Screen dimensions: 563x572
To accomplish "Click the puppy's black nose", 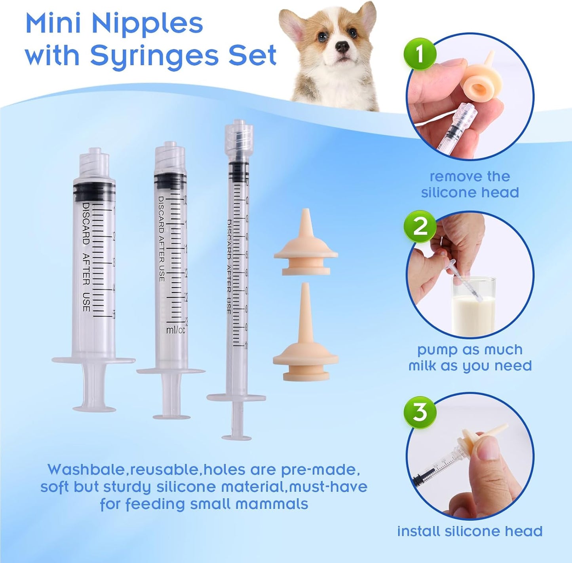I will tap(342, 47).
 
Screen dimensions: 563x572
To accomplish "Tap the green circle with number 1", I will tap(420, 54).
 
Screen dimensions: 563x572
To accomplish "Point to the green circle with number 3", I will tap(420, 411).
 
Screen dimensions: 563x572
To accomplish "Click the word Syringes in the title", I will tap(154, 56).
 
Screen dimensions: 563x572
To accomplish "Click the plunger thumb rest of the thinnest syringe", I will tap(236, 437).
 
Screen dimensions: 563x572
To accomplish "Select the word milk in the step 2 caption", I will tap(423, 366).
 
